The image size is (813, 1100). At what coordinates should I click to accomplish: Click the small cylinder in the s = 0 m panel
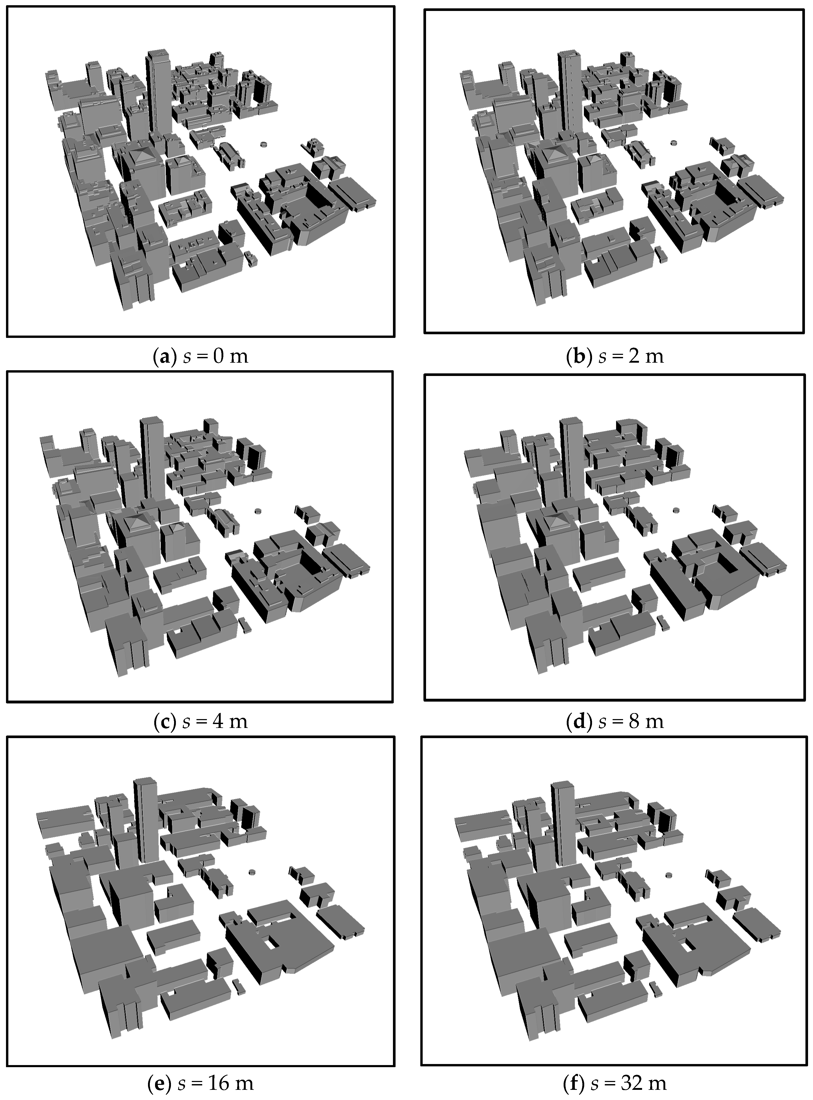point(264,145)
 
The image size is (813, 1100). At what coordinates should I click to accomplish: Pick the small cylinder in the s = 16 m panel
point(253,872)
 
